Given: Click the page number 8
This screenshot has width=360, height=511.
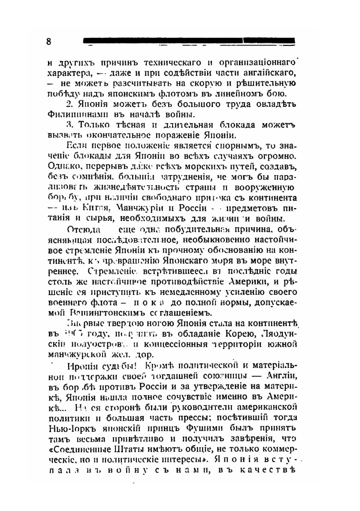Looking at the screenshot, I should click(x=49, y=42).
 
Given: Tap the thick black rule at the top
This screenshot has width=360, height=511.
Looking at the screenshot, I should click(x=189, y=40).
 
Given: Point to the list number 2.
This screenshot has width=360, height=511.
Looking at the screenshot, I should click(x=70, y=105).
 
